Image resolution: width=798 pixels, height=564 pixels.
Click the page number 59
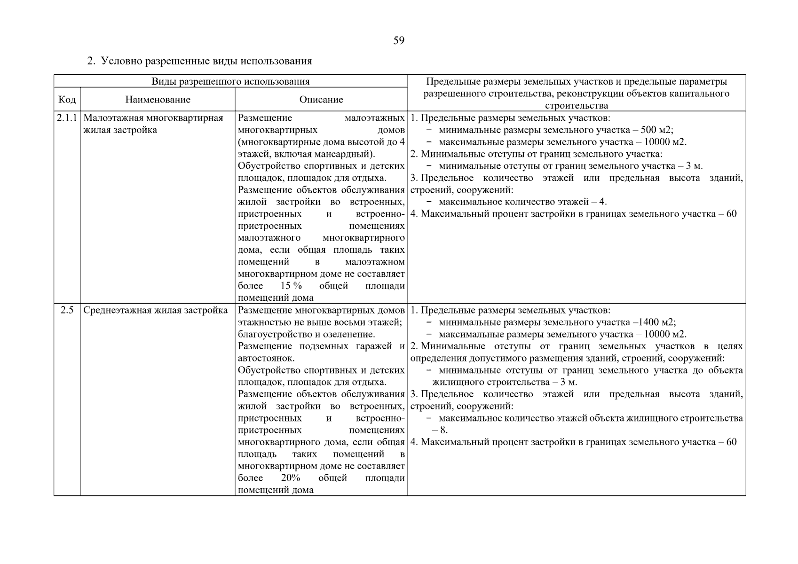[398, 41]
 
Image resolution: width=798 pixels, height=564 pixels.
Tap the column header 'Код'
[67, 100]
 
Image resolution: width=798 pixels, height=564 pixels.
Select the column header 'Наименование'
[158, 100]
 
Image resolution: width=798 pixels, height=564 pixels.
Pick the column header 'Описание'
[321, 100]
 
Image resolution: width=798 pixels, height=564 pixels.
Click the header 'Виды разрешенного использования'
[230, 81]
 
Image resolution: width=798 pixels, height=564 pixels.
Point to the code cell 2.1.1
[67, 118]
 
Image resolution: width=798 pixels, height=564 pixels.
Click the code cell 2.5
[67, 310]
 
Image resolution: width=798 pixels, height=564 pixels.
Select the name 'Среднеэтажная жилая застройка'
[156, 310]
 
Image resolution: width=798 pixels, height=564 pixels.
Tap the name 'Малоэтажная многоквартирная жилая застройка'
[153, 124]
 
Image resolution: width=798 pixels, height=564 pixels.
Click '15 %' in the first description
[291, 286]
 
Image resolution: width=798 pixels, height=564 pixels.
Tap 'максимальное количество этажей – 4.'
[522, 202]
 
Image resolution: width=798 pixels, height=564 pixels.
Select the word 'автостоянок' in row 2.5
[266, 358]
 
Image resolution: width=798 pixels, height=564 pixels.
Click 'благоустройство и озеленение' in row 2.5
[306, 334]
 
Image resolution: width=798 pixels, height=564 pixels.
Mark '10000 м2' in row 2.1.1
[663, 142]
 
